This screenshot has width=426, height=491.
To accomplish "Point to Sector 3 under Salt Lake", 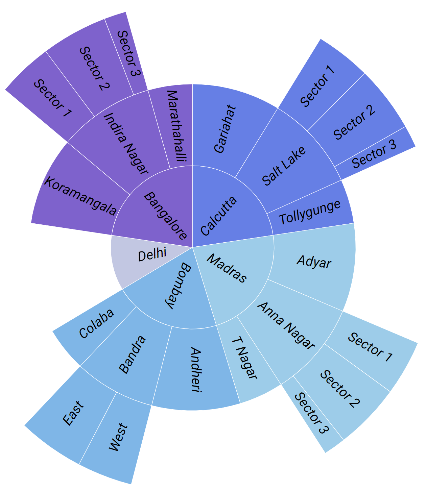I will (x=374, y=154).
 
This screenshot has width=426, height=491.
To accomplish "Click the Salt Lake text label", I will (x=284, y=166).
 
